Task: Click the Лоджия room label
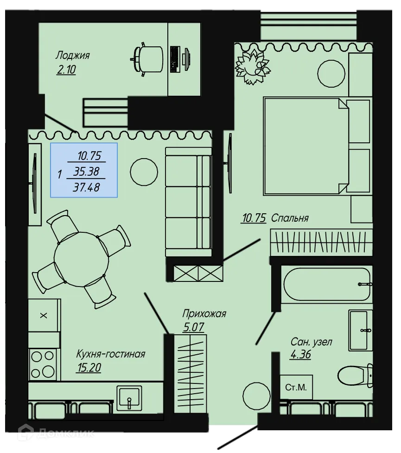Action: pos(72,56)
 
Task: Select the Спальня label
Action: pos(290,218)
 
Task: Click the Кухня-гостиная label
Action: pos(111,354)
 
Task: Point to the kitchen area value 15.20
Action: pos(88,368)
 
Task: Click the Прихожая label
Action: pos(204,314)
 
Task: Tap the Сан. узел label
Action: pos(311,342)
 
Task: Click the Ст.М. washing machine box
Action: pos(296,387)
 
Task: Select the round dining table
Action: pos(81,256)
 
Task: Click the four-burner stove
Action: pos(42,364)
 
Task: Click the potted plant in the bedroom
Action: pos(252,66)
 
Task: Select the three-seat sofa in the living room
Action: pos(189,201)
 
